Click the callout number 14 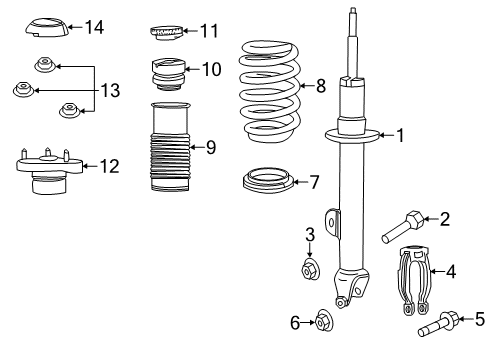tap(94, 27)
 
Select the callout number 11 tap(208, 31)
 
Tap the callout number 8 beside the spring tap(320, 86)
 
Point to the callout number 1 tap(400, 135)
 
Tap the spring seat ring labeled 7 tap(268, 184)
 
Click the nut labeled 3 tap(310, 269)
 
